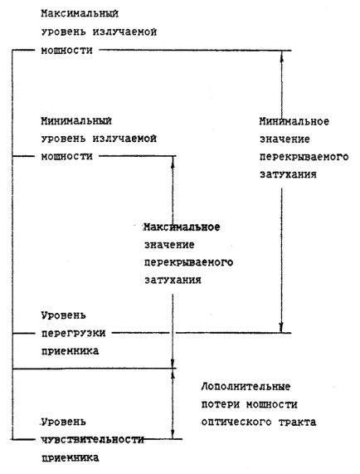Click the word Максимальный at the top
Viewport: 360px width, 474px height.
point(80,14)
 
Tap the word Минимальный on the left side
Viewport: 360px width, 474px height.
point(76,121)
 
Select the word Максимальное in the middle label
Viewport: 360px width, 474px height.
point(182,227)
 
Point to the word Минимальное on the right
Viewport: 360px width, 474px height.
point(294,121)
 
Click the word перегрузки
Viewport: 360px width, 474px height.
point(73,334)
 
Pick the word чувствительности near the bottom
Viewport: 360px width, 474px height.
point(92,440)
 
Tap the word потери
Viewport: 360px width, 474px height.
point(221,404)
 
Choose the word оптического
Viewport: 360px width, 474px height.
point(236,422)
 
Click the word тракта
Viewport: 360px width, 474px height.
point(297,422)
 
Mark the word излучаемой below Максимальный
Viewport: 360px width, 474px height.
point(124,32)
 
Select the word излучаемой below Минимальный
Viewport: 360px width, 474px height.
point(124,139)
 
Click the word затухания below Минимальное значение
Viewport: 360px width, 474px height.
point(288,174)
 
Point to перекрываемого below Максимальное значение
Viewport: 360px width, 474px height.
point(188,262)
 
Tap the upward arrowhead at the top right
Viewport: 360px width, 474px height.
point(282,56)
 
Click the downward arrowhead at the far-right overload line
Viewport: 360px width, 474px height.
point(281,328)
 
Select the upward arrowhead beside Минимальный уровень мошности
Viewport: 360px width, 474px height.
point(173,161)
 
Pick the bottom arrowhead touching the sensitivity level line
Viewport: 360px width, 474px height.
point(173,433)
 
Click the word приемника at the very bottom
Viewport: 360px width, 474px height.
point(70,457)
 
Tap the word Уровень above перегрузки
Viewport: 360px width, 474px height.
point(63,316)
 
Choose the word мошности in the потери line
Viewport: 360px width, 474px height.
point(272,404)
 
